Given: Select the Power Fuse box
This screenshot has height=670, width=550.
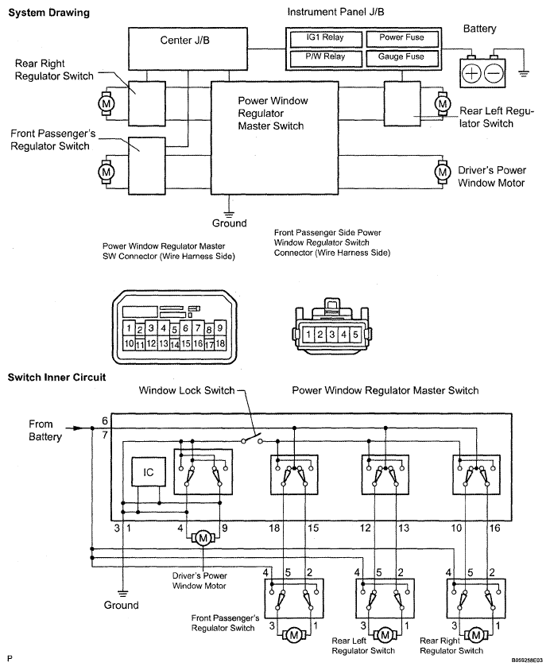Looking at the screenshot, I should tap(401, 38).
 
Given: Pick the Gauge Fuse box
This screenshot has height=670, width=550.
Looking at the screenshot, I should tap(401, 57).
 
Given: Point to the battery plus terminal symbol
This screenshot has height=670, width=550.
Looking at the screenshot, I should tap(471, 74).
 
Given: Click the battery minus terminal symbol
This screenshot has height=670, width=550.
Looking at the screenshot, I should tap(494, 74).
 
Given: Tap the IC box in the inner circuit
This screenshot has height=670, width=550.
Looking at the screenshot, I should tap(149, 471).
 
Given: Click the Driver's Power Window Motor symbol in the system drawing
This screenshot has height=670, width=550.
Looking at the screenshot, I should tap(442, 171).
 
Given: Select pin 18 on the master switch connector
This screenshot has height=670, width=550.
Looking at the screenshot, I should tap(222, 343).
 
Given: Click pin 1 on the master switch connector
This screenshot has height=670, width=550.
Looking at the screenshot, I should tap(128, 328).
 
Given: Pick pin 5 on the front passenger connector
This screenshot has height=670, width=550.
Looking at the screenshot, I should tap(354, 335).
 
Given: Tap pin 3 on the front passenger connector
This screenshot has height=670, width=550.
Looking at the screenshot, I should tap(332, 335).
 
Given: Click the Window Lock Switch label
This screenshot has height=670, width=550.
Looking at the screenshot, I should tap(187, 390).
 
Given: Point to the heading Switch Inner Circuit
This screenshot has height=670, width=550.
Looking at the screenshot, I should tap(56, 378).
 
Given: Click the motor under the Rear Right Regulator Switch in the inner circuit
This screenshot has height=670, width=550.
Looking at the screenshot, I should tap(475, 634).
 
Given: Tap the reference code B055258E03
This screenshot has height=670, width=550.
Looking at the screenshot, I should tap(522, 660).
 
